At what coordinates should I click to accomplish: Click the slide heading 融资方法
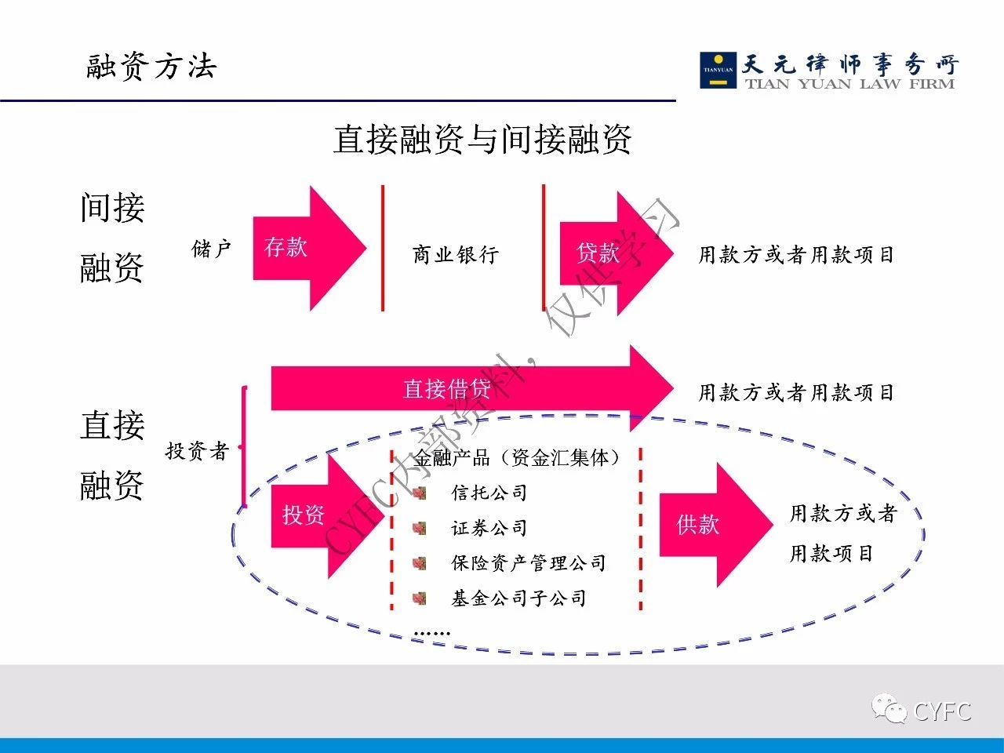coord(151,67)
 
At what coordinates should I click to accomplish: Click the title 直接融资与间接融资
coord(482,140)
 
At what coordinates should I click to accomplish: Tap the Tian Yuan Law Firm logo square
coord(718,69)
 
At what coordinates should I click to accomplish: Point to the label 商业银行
coord(456,254)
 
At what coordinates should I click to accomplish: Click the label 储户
coord(212,249)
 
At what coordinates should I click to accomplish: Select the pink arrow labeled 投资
coord(318,515)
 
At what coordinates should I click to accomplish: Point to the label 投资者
coord(197,450)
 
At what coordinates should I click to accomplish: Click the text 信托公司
coord(489,493)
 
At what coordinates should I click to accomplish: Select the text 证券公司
coord(489,528)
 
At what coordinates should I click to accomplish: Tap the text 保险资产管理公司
coord(528,562)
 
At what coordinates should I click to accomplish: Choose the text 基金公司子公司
coord(518,598)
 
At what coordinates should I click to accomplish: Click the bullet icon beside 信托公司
coord(420,493)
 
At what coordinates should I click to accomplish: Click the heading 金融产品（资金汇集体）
coord(518,457)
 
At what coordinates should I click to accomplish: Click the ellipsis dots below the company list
coord(431,632)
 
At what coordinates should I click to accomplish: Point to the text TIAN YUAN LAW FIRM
coord(849,84)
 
